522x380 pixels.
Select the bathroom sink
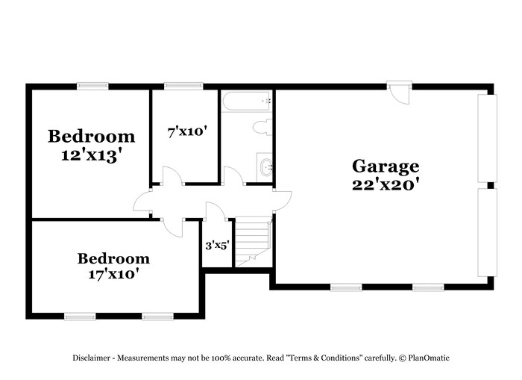pyautogui.click(x=265, y=166)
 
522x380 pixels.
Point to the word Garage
pyautogui.click(x=386, y=166)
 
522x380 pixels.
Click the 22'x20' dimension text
pyautogui.click(x=386, y=184)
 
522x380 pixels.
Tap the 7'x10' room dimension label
pyautogui.click(x=186, y=132)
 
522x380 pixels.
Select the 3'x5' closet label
pyautogui.click(x=216, y=244)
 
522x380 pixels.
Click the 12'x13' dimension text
pyautogui.click(x=92, y=155)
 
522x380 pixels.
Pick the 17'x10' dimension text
pyautogui.click(x=113, y=274)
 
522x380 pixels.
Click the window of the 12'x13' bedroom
pyautogui.click(x=93, y=86)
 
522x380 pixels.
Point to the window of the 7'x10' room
pyautogui.click(x=179, y=86)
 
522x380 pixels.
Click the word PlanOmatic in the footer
pyautogui.click(x=428, y=358)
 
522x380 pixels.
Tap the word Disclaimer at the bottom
pyautogui.click(x=91, y=358)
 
